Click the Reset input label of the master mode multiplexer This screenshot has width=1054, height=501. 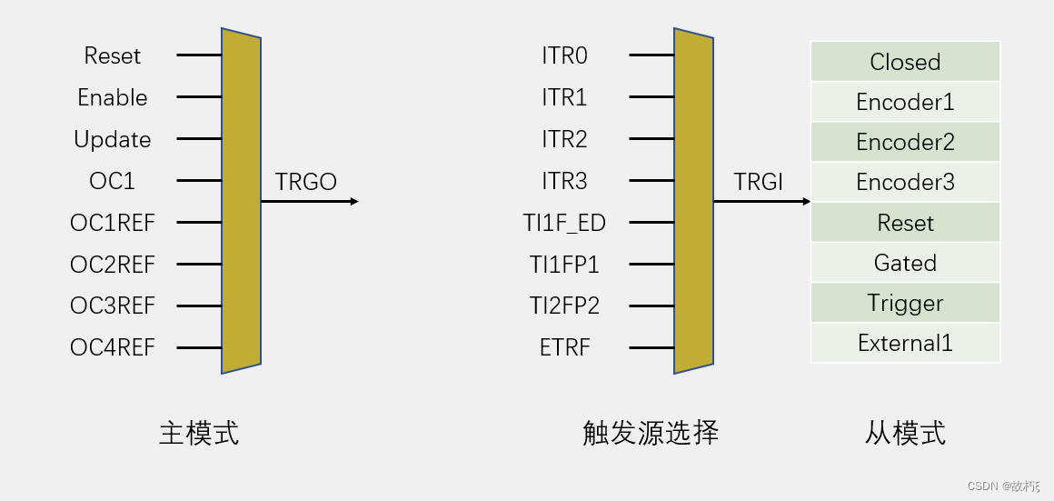click(113, 55)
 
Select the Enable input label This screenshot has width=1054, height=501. click(113, 97)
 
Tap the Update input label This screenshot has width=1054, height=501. click(113, 139)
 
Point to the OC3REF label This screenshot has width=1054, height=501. click(113, 306)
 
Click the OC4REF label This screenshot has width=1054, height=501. click(113, 347)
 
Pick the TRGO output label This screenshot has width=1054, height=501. click(305, 182)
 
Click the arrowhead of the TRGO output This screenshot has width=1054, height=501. click(354, 201)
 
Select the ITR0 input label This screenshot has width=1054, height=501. click(564, 55)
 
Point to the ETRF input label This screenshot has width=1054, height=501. click(565, 347)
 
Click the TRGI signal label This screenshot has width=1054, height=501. click(759, 182)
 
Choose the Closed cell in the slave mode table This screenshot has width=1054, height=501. click(905, 62)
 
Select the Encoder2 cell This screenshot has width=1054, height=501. click(905, 142)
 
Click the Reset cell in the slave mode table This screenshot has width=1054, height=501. click(905, 223)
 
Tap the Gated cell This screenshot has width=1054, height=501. click(905, 263)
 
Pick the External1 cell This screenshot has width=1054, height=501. click(905, 343)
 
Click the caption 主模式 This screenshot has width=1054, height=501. click(199, 433)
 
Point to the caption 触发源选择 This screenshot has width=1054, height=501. click(651, 433)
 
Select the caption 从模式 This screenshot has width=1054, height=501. click(905, 433)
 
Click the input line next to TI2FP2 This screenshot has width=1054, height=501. click(651, 306)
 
